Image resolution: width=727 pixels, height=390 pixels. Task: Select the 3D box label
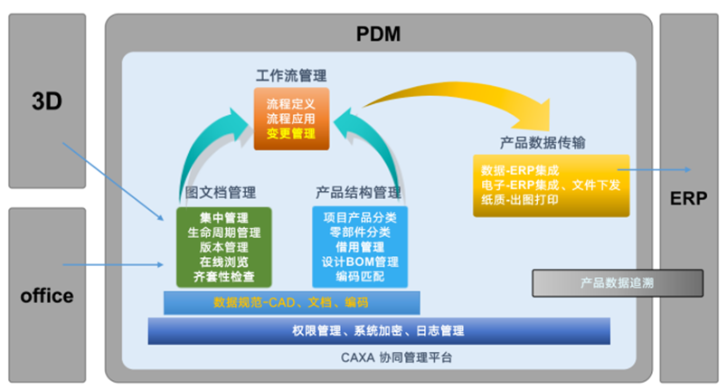[x=46, y=101]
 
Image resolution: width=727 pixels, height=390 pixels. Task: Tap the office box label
[x=47, y=295]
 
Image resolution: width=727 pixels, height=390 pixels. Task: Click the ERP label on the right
[x=689, y=198]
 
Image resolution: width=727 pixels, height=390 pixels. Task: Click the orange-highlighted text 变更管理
[x=291, y=133]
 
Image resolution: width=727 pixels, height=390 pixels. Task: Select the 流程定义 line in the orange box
[x=291, y=103]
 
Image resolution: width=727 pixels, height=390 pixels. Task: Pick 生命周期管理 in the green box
[x=223, y=233]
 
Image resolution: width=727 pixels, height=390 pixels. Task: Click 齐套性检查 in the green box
[x=223, y=276]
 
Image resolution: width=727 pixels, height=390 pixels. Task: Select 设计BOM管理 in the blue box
[x=359, y=262]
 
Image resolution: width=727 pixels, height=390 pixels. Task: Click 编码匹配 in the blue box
[x=359, y=276]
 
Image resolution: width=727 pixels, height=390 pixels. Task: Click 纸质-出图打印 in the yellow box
[x=515, y=199]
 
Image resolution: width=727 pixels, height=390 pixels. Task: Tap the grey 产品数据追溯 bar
[x=617, y=283]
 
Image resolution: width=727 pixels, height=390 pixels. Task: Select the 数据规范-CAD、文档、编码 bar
[x=291, y=301]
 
